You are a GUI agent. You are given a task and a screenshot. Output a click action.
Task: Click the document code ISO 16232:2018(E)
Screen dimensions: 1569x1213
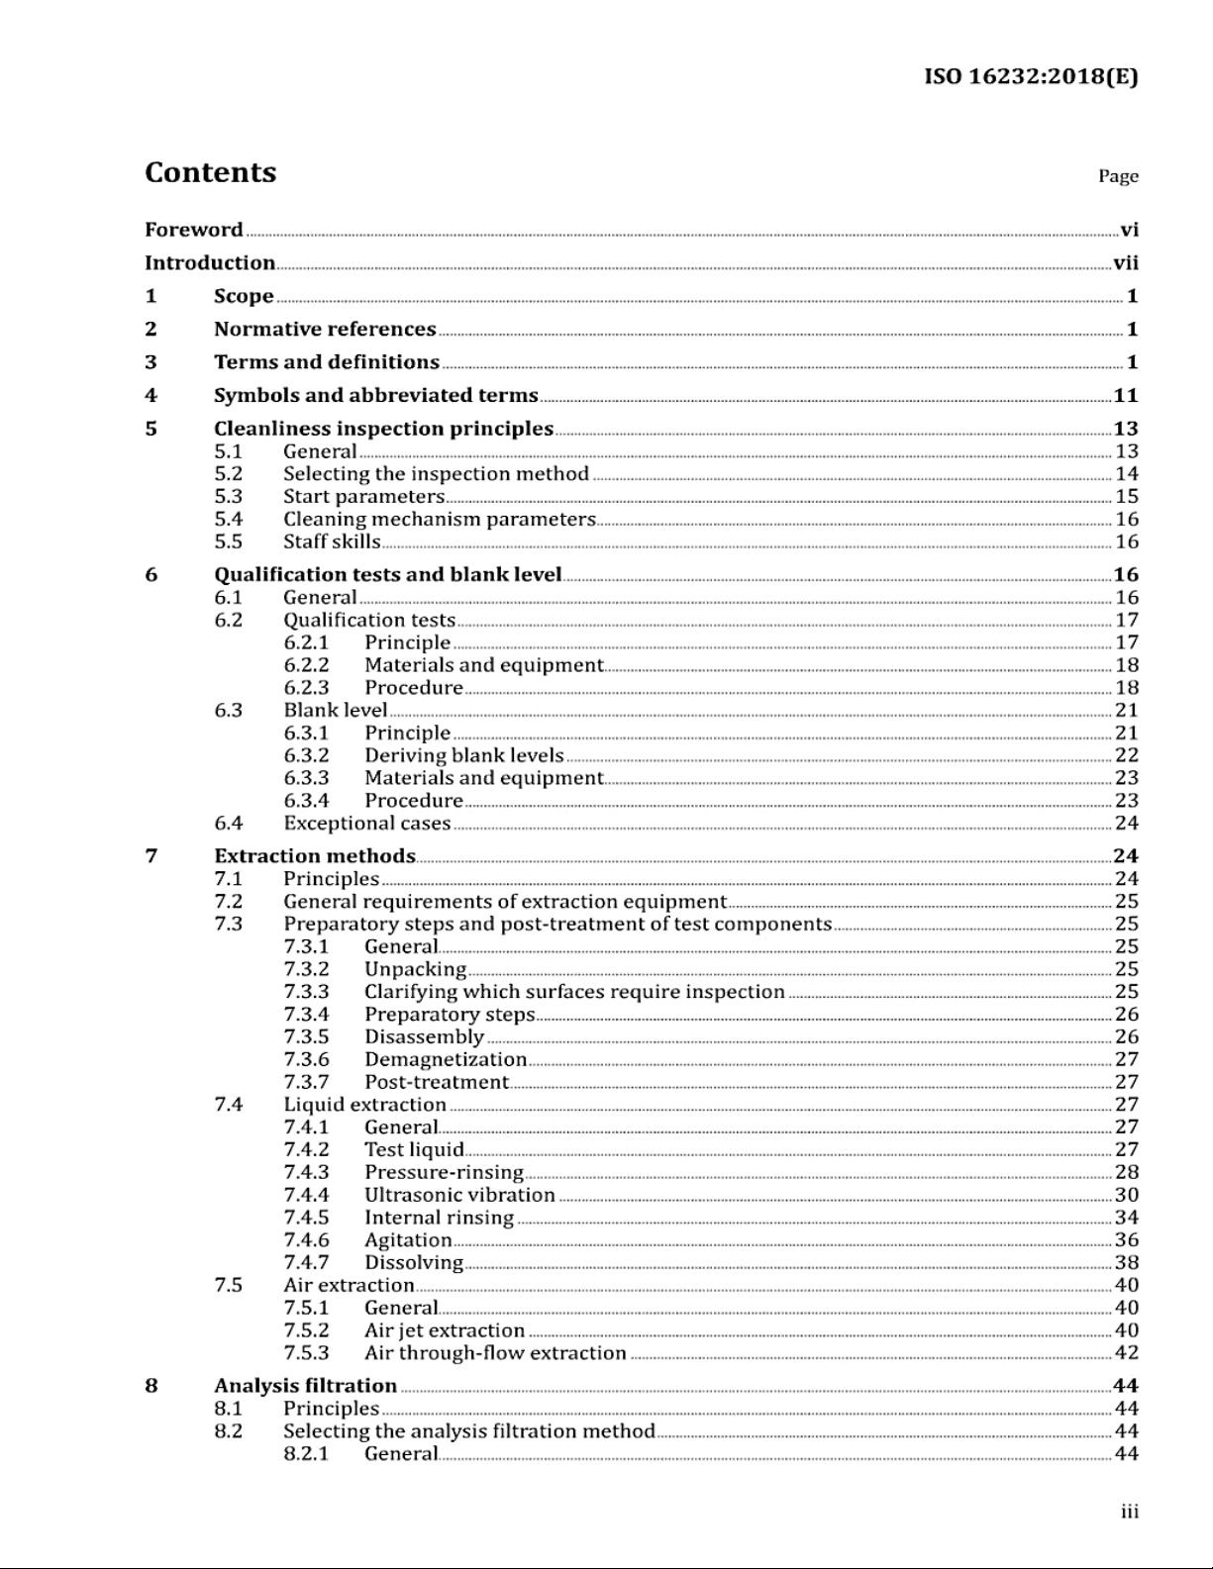point(1031,76)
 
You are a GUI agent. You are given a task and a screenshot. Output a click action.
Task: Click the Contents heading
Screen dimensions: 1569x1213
point(210,172)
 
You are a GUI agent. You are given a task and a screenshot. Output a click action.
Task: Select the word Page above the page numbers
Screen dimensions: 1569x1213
point(1118,176)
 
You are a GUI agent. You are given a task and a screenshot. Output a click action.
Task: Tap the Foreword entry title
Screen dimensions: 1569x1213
point(193,230)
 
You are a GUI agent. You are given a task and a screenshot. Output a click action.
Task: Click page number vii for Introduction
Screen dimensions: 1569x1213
point(1126,263)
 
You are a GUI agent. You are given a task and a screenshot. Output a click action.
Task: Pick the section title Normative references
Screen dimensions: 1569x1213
point(325,329)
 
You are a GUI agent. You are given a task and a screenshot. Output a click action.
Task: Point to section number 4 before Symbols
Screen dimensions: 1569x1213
point(151,395)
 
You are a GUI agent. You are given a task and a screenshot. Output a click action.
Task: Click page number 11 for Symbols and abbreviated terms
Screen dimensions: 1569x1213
point(1126,395)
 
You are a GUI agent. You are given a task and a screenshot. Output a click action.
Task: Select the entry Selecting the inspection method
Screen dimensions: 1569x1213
point(436,474)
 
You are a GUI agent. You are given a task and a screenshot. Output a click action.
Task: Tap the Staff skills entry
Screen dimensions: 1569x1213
point(332,541)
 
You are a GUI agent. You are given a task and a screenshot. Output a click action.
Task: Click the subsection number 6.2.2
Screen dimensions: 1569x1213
point(306,665)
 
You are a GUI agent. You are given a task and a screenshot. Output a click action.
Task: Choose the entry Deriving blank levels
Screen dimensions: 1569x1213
point(463,755)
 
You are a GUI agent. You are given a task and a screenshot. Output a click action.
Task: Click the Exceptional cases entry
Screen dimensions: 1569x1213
point(366,823)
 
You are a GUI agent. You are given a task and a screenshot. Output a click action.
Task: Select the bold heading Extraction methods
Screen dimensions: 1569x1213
point(315,855)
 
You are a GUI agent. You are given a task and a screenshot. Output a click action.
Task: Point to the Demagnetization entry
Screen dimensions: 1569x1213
point(446,1059)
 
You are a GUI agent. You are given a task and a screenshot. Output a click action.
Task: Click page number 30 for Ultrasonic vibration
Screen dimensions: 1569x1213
point(1126,1195)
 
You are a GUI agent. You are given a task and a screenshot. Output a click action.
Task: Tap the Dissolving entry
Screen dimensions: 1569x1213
point(413,1262)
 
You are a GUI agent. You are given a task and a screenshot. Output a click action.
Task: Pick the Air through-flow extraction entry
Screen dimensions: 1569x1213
point(495,1352)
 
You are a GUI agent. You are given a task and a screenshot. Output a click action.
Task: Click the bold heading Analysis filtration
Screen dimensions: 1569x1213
point(305,1385)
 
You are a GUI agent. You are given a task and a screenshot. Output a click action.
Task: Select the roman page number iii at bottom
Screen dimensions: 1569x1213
point(1129,1512)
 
